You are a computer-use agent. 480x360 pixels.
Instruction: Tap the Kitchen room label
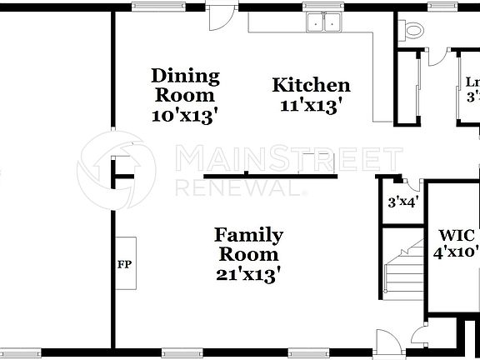click(x=312, y=85)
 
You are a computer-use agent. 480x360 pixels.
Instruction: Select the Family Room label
click(x=247, y=244)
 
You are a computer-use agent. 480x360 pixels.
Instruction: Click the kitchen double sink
click(x=325, y=23)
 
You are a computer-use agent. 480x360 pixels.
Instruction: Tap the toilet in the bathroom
click(x=412, y=30)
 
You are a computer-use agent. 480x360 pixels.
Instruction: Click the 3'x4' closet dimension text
click(x=402, y=202)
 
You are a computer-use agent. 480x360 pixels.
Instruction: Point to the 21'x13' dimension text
click(x=247, y=272)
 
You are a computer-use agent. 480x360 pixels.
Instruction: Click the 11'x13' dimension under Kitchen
click(x=312, y=105)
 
